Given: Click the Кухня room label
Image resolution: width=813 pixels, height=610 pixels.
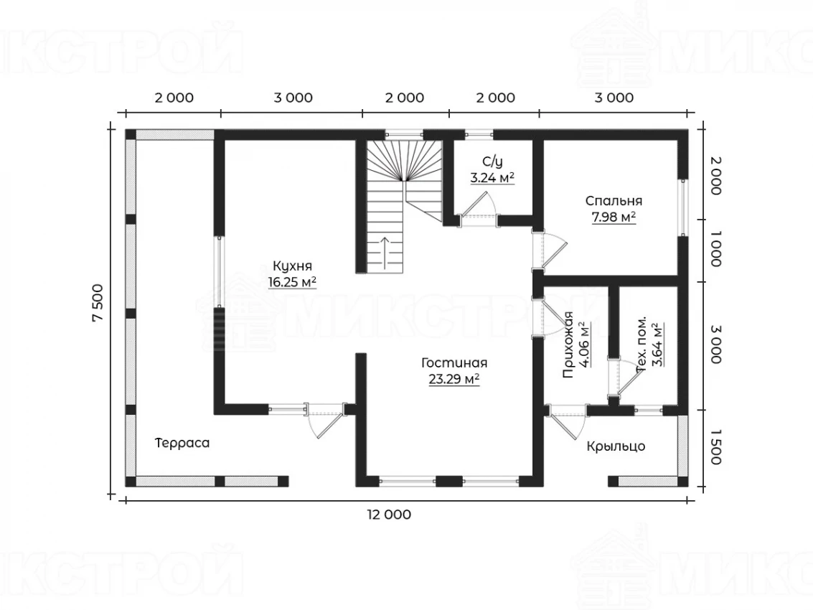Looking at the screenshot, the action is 293,266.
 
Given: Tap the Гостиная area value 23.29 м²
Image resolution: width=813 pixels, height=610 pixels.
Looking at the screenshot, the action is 454,379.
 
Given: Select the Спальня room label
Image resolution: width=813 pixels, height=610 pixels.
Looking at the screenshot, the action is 614,201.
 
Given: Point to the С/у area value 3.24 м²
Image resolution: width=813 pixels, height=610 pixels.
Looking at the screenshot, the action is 492,178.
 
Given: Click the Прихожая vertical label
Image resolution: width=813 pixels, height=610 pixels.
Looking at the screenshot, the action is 568,344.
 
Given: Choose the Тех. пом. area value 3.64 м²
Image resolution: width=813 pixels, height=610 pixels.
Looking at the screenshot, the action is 657,344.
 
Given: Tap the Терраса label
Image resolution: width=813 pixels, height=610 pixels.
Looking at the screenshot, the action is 182,443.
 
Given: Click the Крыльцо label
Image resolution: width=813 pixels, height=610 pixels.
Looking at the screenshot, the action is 616,446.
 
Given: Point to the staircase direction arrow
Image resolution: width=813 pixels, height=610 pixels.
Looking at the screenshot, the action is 385,253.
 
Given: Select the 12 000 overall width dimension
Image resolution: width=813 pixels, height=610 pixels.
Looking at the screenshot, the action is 389,515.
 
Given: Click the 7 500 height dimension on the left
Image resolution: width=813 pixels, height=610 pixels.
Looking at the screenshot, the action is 98,304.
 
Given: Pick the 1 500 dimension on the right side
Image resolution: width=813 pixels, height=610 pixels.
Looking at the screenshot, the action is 715,447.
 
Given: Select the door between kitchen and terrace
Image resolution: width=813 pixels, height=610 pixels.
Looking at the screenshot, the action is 326,421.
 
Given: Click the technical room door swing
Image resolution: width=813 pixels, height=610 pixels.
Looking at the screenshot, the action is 628,377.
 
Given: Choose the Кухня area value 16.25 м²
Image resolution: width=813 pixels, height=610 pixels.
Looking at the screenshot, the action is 293,281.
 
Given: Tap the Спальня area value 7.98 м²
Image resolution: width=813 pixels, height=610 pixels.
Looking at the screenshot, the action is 614,217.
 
